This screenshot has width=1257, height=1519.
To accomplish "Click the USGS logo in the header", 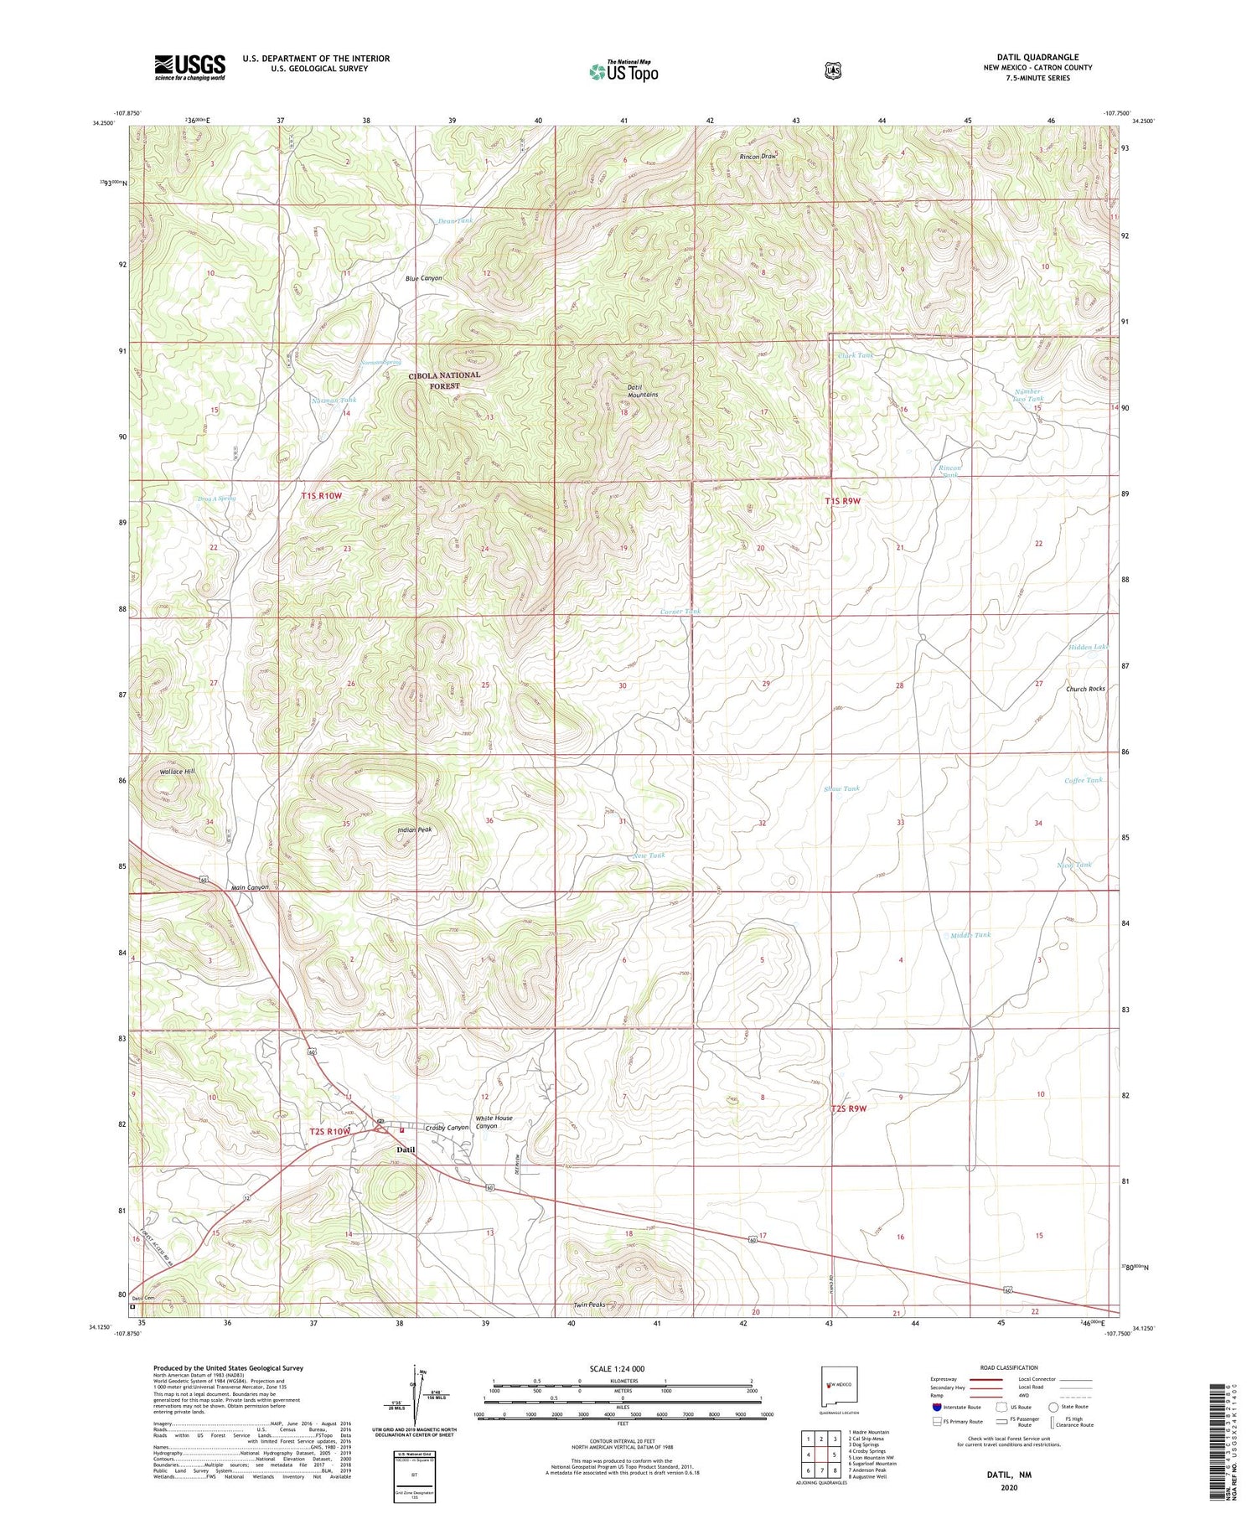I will tap(190, 67).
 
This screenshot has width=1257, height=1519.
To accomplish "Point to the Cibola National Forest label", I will tap(444, 380).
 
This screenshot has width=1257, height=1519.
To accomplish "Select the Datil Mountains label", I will tap(642, 390).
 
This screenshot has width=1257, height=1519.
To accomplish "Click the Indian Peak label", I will tap(415, 829).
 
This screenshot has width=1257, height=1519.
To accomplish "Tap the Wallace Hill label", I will tap(177, 771).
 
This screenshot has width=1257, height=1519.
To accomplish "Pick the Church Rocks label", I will tap(1085, 689).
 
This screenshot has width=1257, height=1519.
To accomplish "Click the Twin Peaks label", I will tap(589, 1305).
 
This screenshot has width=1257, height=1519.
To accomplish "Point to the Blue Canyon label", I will tap(423, 278).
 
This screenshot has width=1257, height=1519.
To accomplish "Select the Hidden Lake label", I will tap(1089, 647).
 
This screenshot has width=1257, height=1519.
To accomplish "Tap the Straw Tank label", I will tap(841, 788).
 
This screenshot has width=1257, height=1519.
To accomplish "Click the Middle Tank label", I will tap(970, 935).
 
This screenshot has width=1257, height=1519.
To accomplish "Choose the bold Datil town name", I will tap(406, 1150).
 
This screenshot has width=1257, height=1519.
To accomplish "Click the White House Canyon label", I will tap(494, 1122).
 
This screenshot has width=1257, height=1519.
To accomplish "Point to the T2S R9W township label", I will tap(848, 1108).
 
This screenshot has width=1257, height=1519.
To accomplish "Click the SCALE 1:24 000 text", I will tap(617, 1369).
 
